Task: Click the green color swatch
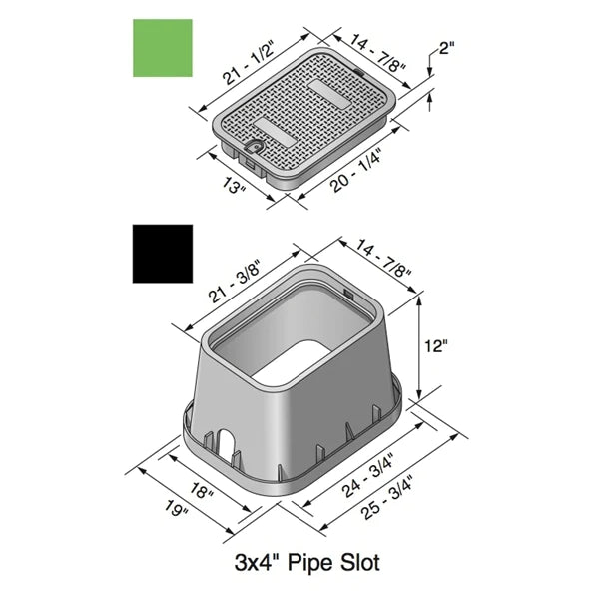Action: point(163,48)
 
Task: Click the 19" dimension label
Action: point(177,510)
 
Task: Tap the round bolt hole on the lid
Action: point(255,147)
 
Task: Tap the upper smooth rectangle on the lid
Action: point(325,88)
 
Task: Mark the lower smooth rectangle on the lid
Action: point(274,127)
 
